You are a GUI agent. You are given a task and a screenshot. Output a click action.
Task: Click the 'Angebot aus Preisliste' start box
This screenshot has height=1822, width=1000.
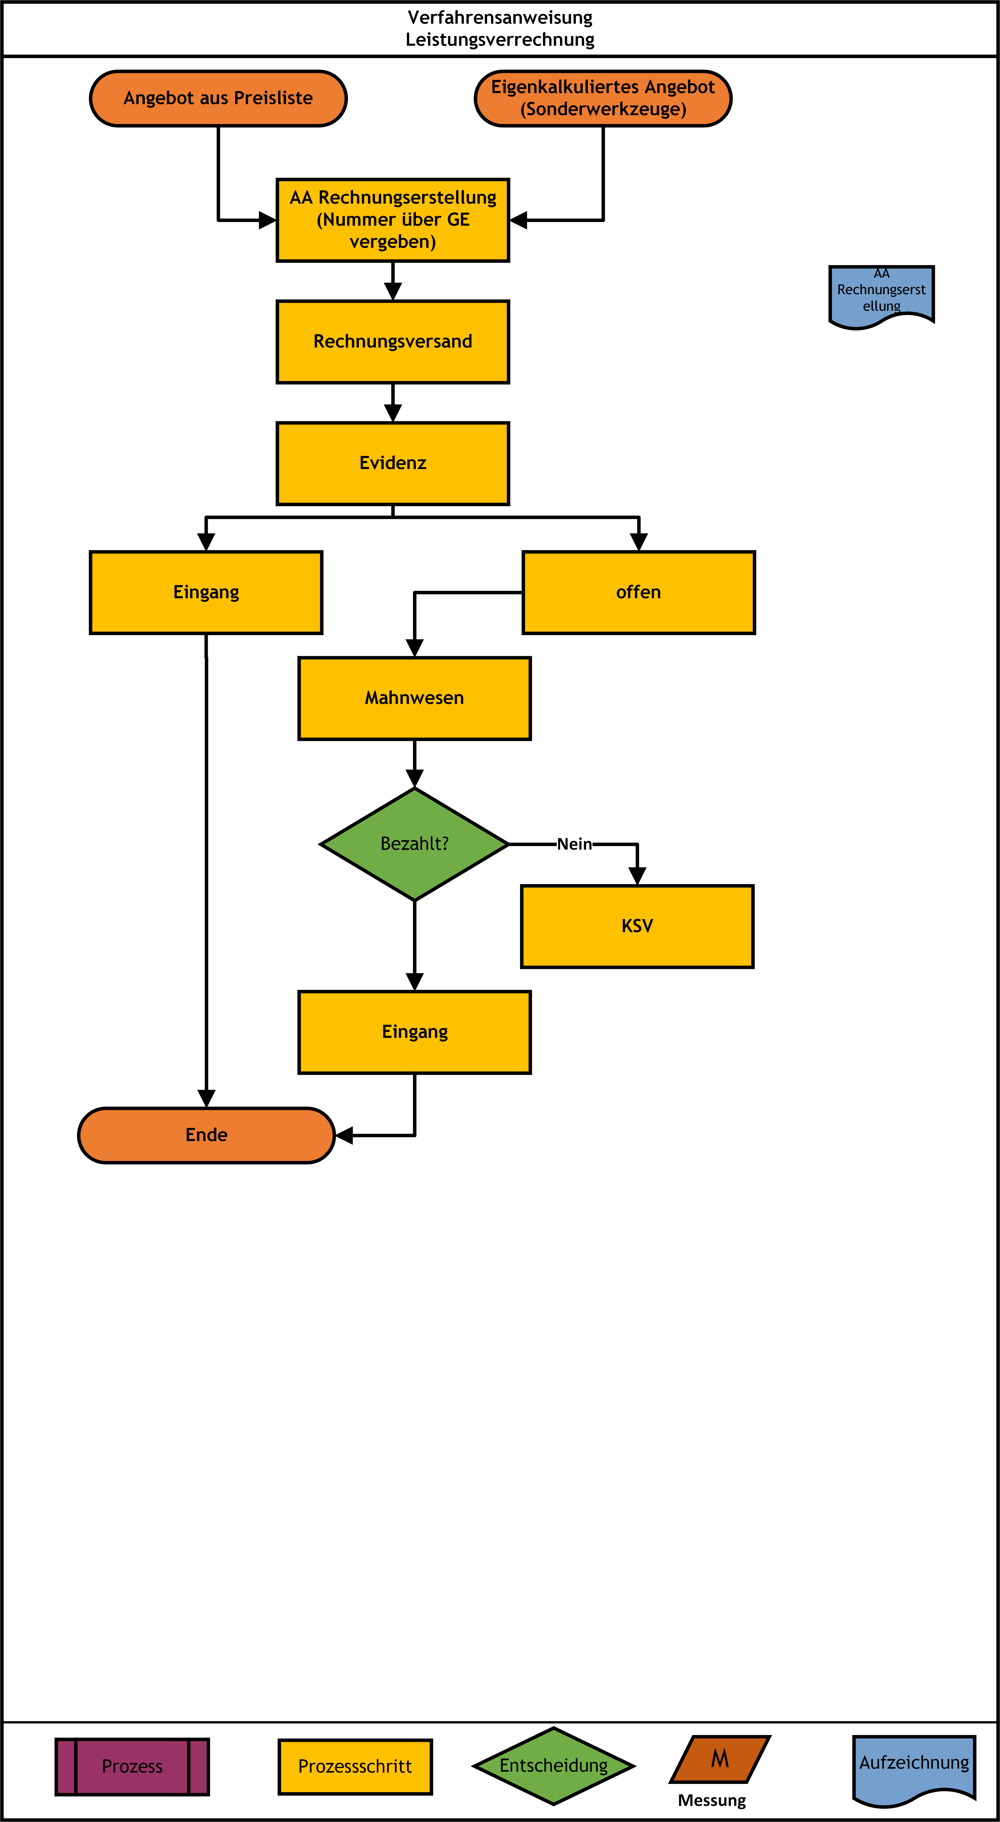pyautogui.click(x=218, y=98)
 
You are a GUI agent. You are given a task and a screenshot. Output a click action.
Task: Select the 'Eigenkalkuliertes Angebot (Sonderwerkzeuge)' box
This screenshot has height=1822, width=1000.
pyautogui.click(x=603, y=98)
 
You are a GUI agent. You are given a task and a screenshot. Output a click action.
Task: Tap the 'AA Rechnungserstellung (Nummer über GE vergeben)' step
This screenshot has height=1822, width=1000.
pyautogui.click(x=393, y=220)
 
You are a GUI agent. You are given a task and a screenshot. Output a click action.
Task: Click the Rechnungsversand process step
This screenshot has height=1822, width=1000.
pyautogui.click(x=393, y=342)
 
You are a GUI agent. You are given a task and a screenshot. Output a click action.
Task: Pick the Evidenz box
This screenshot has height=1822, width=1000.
pyautogui.click(x=393, y=463)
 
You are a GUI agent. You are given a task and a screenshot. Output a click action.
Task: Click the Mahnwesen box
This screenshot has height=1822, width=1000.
pyautogui.click(x=415, y=698)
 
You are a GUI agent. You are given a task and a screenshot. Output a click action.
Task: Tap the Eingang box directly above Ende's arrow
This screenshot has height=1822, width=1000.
pyautogui.click(x=415, y=1032)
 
